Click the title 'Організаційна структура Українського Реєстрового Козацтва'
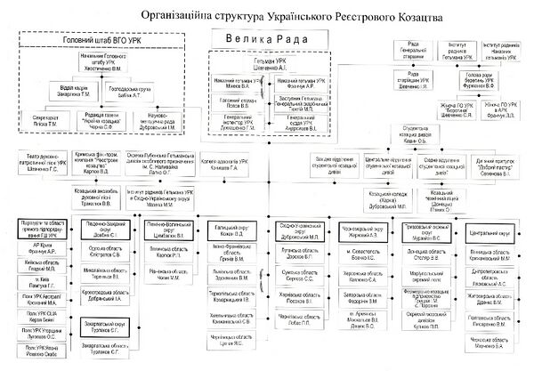point(284,16)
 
